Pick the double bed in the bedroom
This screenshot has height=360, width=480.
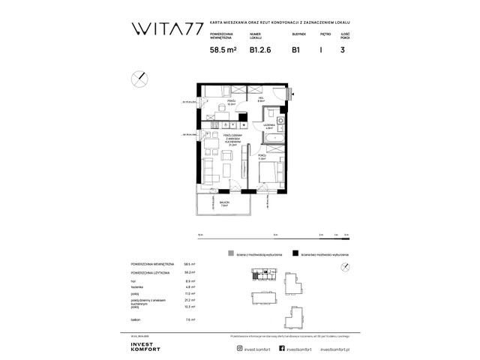264,174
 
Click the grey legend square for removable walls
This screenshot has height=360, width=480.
234,255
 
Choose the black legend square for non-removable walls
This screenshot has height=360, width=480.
297,255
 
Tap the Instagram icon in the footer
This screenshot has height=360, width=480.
238,349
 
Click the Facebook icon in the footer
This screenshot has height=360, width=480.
281,349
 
